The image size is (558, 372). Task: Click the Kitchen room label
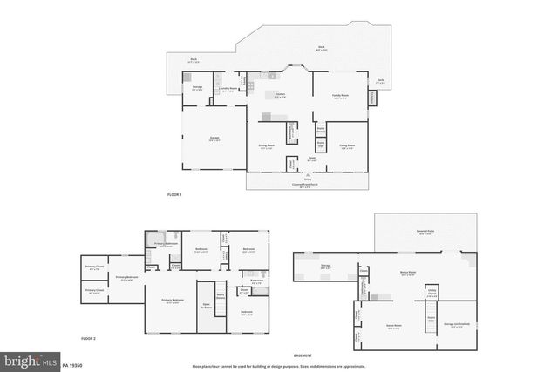280,97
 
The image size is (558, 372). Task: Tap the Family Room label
339,97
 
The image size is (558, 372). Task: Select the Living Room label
346,146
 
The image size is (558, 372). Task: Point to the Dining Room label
266,146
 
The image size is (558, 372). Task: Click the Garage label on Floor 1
214,139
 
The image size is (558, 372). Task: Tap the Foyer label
311,159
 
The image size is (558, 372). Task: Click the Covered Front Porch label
305,185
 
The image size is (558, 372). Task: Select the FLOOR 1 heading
174,194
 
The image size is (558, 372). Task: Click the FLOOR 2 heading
88,338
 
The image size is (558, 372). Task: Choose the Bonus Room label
407,274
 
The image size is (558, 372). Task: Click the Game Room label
393,328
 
